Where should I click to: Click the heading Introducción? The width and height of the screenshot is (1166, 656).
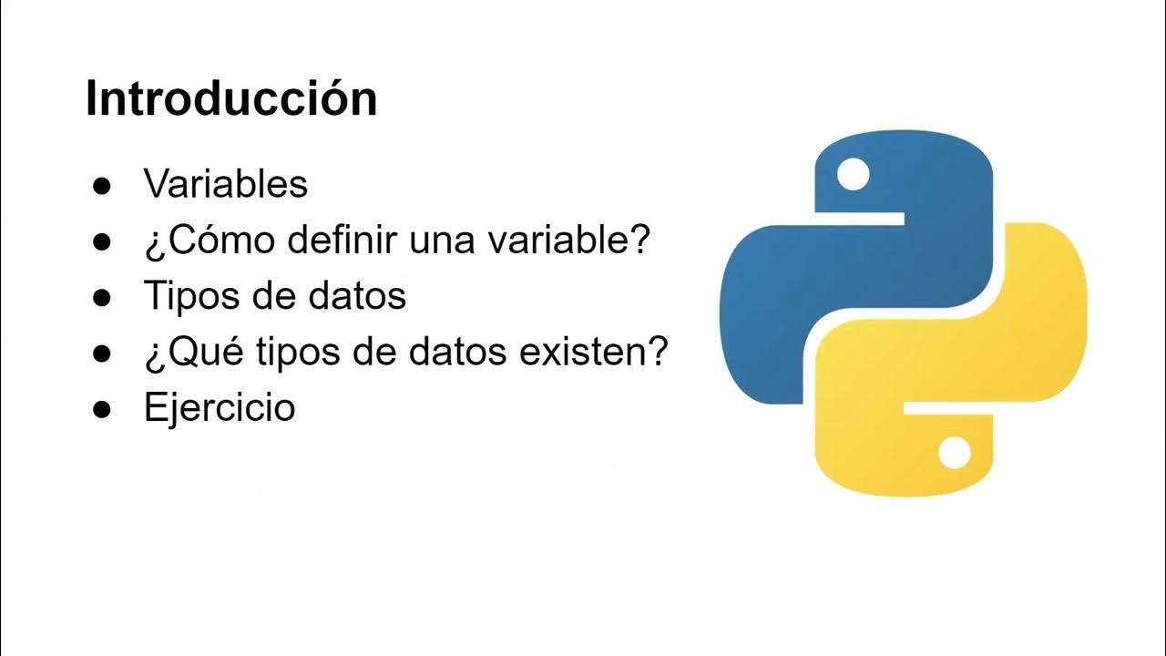(231, 98)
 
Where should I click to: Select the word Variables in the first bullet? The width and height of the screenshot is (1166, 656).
(226, 185)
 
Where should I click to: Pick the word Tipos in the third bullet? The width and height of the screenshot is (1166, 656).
(187, 296)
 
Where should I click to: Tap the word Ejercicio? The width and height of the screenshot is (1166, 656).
(220, 407)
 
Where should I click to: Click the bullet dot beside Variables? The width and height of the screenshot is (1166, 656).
(102, 186)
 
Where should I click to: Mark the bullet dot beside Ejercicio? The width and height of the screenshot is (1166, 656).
(102, 409)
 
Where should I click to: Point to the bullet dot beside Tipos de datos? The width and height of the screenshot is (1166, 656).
(102, 298)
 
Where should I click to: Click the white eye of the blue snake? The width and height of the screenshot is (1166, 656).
(853, 174)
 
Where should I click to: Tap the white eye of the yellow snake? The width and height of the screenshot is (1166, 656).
(954, 453)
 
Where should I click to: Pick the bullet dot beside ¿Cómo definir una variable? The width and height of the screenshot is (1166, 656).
(102, 242)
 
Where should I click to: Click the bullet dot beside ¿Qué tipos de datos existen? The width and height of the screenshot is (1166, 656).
(102, 354)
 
